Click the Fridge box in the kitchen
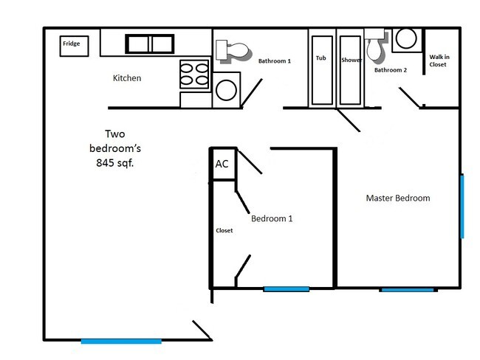(x=72, y=45)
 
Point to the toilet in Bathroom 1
(x=232, y=52)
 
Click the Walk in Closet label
(x=439, y=60)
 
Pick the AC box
(x=222, y=165)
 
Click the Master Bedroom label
(x=398, y=198)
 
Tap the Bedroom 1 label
(x=272, y=218)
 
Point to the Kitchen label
(x=127, y=77)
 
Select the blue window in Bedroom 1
(x=286, y=288)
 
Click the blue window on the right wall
(x=462, y=206)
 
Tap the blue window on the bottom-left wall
(x=121, y=341)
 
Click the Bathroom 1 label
(x=275, y=61)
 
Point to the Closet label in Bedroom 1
(x=224, y=230)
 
